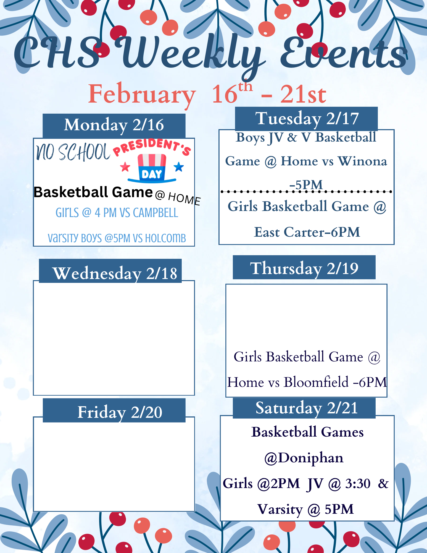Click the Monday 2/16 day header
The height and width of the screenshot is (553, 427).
tap(114, 126)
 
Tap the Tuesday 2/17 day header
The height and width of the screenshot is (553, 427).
tap(306, 119)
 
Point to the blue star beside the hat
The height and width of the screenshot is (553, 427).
tap(179, 167)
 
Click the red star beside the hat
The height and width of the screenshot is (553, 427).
tap(125, 167)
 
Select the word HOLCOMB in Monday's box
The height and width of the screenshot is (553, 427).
tap(165, 238)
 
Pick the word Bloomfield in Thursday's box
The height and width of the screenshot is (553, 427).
tap(317, 382)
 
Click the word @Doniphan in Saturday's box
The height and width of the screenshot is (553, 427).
tap(304, 458)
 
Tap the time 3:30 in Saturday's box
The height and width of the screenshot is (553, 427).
tap(358, 484)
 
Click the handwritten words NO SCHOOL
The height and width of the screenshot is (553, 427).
tap(73, 152)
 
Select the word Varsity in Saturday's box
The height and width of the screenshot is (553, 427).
tap(280, 509)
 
